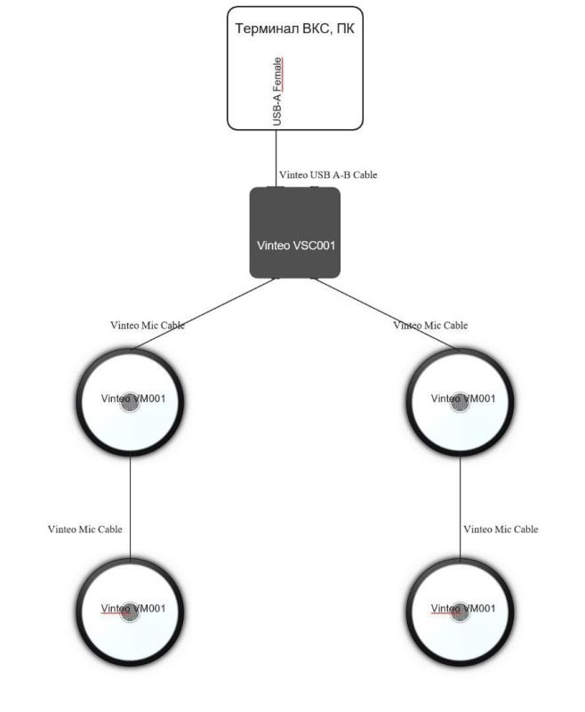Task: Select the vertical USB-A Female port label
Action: (278, 91)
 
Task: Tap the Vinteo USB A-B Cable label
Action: (328, 174)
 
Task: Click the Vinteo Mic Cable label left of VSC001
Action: (148, 326)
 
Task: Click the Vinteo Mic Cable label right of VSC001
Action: (430, 326)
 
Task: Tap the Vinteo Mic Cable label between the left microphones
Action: (85, 530)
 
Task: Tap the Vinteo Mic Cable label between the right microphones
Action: (501, 530)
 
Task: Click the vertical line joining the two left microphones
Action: (131, 507)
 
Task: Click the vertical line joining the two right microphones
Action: (460, 507)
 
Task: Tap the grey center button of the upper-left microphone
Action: (131, 402)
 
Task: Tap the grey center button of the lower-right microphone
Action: (460, 612)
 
